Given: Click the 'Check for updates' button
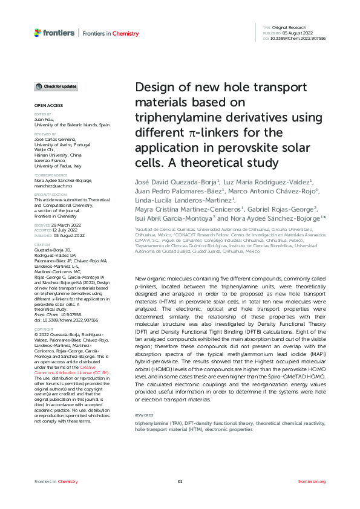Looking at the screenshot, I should click(56, 87).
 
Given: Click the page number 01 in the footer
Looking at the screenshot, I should click(180, 481).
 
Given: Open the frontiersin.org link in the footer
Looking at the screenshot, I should click(312, 481).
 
